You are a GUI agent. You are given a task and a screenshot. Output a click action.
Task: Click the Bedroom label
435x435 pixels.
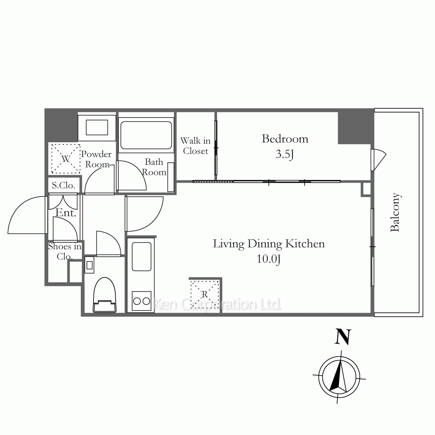[x=285, y=139]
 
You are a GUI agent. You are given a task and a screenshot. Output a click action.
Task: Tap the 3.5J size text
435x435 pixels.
[x=285, y=154]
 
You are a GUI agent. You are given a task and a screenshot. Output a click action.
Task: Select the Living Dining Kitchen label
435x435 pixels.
[x=268, y=244]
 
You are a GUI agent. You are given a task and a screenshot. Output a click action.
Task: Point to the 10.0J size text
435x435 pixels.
[x=268, y=259]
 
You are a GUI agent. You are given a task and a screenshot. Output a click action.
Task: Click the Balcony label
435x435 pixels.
[x=395, y=212]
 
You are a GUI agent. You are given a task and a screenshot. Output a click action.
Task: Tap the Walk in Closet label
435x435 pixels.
[x=195, y=146]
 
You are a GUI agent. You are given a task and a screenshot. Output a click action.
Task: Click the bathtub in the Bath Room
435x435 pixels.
[x=146, y=135]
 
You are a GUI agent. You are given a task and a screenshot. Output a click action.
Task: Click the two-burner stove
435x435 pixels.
[x=141, y=301]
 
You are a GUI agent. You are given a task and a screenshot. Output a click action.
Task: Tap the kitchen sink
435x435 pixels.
[x=141, y=257]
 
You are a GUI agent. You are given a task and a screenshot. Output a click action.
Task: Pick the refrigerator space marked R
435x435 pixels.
[x=205, y=294]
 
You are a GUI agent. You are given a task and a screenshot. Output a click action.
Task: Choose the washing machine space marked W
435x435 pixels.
[x=66, y=159]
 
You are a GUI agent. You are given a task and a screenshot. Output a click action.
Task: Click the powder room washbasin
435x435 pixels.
[x=97, y=127]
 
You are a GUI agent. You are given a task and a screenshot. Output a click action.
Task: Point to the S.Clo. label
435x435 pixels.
[x=64, y=185]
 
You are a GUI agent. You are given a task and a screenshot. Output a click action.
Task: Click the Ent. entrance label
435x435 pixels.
[x=66, y=213]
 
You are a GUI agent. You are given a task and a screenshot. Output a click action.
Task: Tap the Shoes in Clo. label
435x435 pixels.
[x=65, y=251]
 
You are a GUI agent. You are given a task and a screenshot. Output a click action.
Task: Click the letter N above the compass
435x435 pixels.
[x=343, y=337]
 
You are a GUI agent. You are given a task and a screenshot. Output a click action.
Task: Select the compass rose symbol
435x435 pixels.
[x=339, y=377]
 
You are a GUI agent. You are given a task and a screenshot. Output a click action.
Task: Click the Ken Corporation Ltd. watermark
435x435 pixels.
[x=217, y=304]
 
